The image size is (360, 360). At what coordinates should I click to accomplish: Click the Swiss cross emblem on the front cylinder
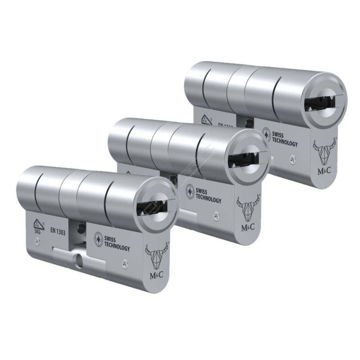pos(98,238)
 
